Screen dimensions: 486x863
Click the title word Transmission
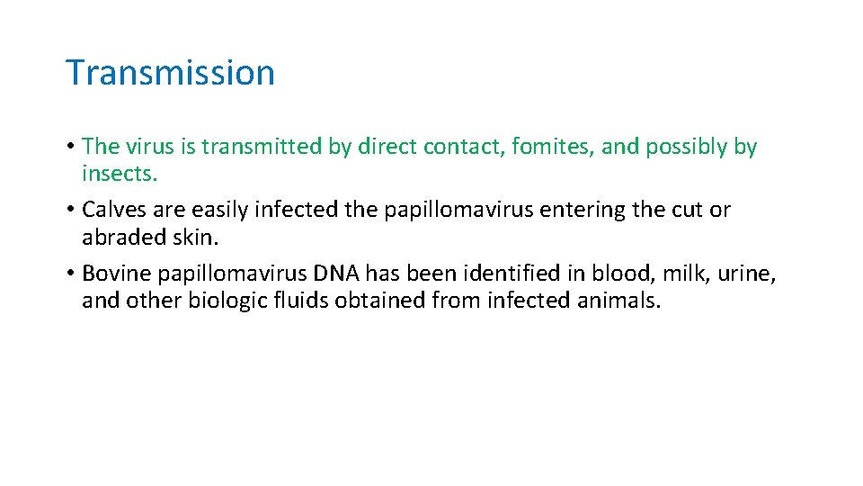pos(170,73)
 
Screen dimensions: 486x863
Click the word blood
pos(611,273)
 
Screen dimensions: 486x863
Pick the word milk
pos(684,273)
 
